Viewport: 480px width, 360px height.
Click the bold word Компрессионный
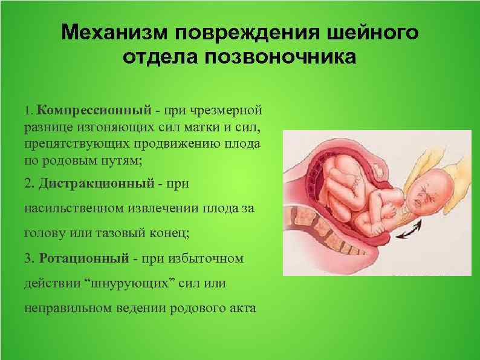[93, 111]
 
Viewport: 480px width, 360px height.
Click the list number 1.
[27, 111]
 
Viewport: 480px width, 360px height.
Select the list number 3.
[28, 258]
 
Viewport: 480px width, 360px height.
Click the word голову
[44, 234]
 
